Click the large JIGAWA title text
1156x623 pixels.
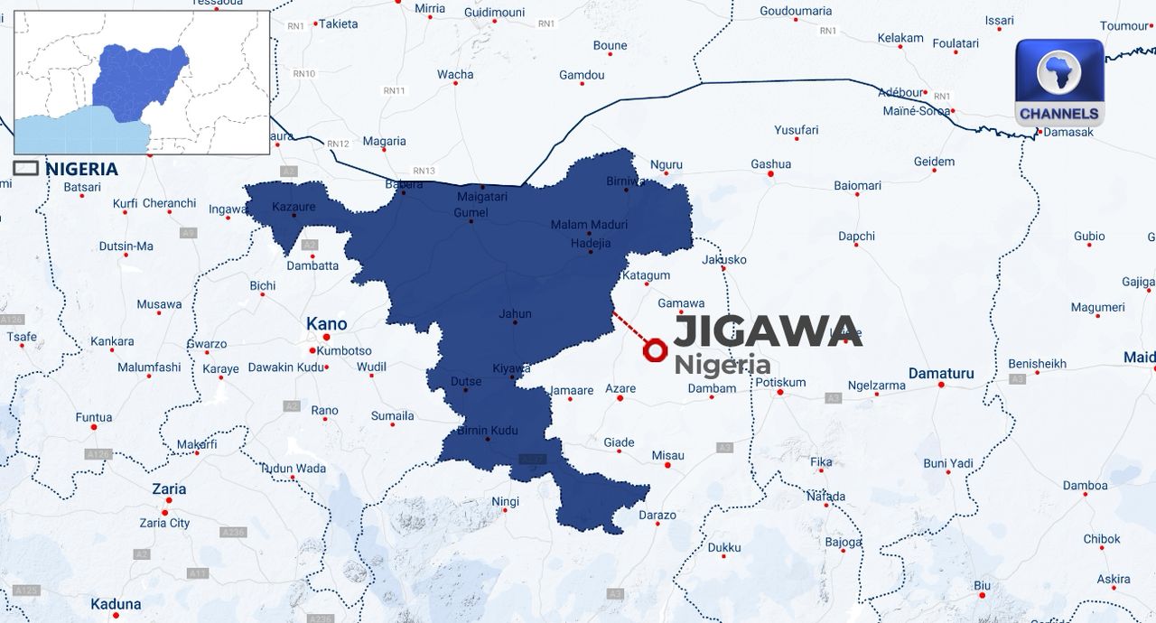[x=768, y=331]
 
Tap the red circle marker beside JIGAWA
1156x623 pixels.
[x=655, y=349]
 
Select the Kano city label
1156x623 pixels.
[x=326, y=324]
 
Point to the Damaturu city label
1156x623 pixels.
[x=940, y=373]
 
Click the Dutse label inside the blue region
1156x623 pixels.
[x=466, y=382]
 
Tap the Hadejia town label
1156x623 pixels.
[x=591, y=243]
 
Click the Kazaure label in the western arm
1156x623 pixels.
[x=294, y=207]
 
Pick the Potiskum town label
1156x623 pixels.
[x=779, y=382]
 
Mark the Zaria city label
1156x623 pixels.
[x=169, y=489]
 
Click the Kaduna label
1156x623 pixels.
[x=116, y=604]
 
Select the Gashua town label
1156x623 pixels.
[x=770, y=164]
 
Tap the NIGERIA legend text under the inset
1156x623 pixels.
[x=81, y=169]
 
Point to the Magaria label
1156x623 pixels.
[x=384, y=141]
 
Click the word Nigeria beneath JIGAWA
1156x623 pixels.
[x=722, y=365]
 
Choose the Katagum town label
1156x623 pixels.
[x=646, y=275]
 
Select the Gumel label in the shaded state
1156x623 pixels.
[x=471, y=213]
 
